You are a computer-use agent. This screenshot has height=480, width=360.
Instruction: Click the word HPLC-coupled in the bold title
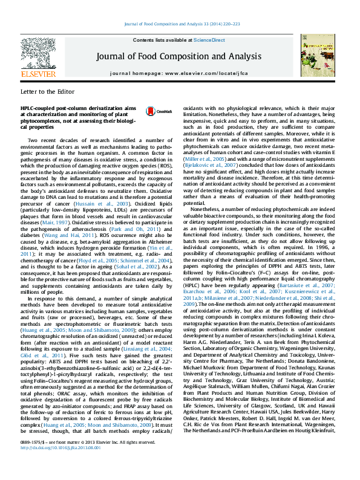(x=36, y=106)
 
